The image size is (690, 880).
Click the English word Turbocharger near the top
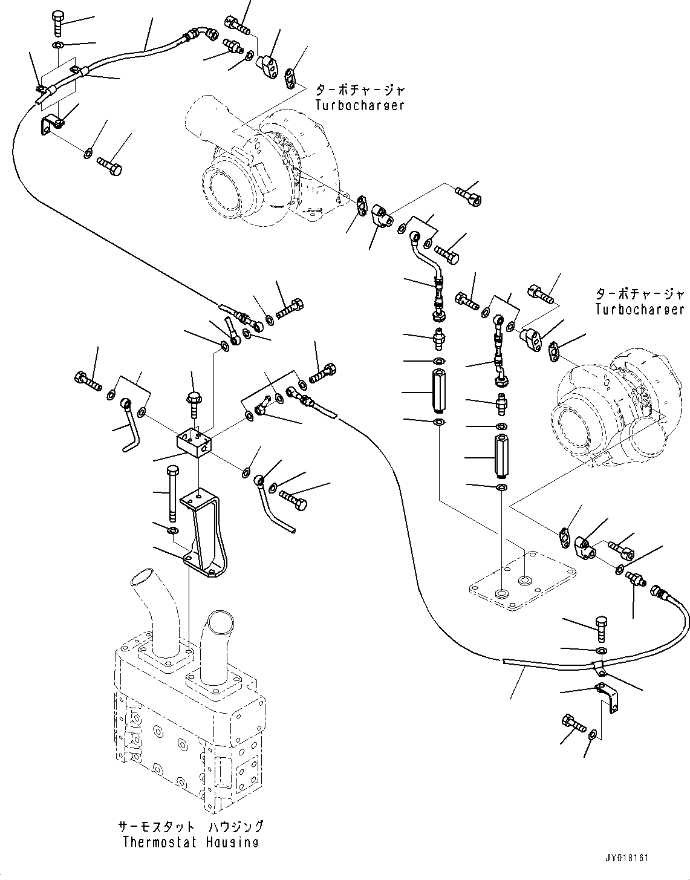point(359,105)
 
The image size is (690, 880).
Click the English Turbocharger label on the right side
point(639,309)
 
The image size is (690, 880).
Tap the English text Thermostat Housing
point(190,842)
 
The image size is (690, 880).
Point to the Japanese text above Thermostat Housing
point(190,827)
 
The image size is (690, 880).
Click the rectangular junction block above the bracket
point(194,440)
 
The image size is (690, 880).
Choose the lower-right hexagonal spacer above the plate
point(500,456)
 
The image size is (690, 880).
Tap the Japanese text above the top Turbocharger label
point(360,90)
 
